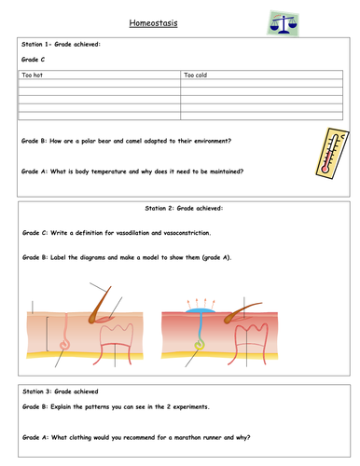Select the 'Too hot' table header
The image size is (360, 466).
tap(33, 74)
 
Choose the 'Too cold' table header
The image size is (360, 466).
tap(196, 74)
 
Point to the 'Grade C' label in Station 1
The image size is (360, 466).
tap(35, 59)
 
